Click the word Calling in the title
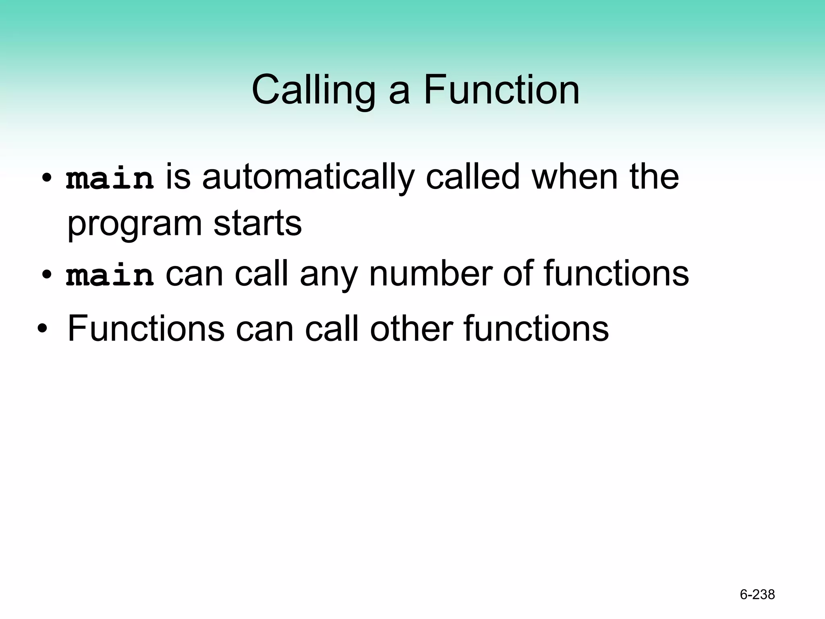pos(313,91)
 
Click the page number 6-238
pos(757,594)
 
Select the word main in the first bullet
pos(110,179)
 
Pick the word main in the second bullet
pos(110,276)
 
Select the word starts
pos(257,224)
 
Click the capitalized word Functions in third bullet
pos(146,328)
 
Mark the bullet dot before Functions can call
pos(42,330)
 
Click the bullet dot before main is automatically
pos(47,178)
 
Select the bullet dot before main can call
pos(47,275)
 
